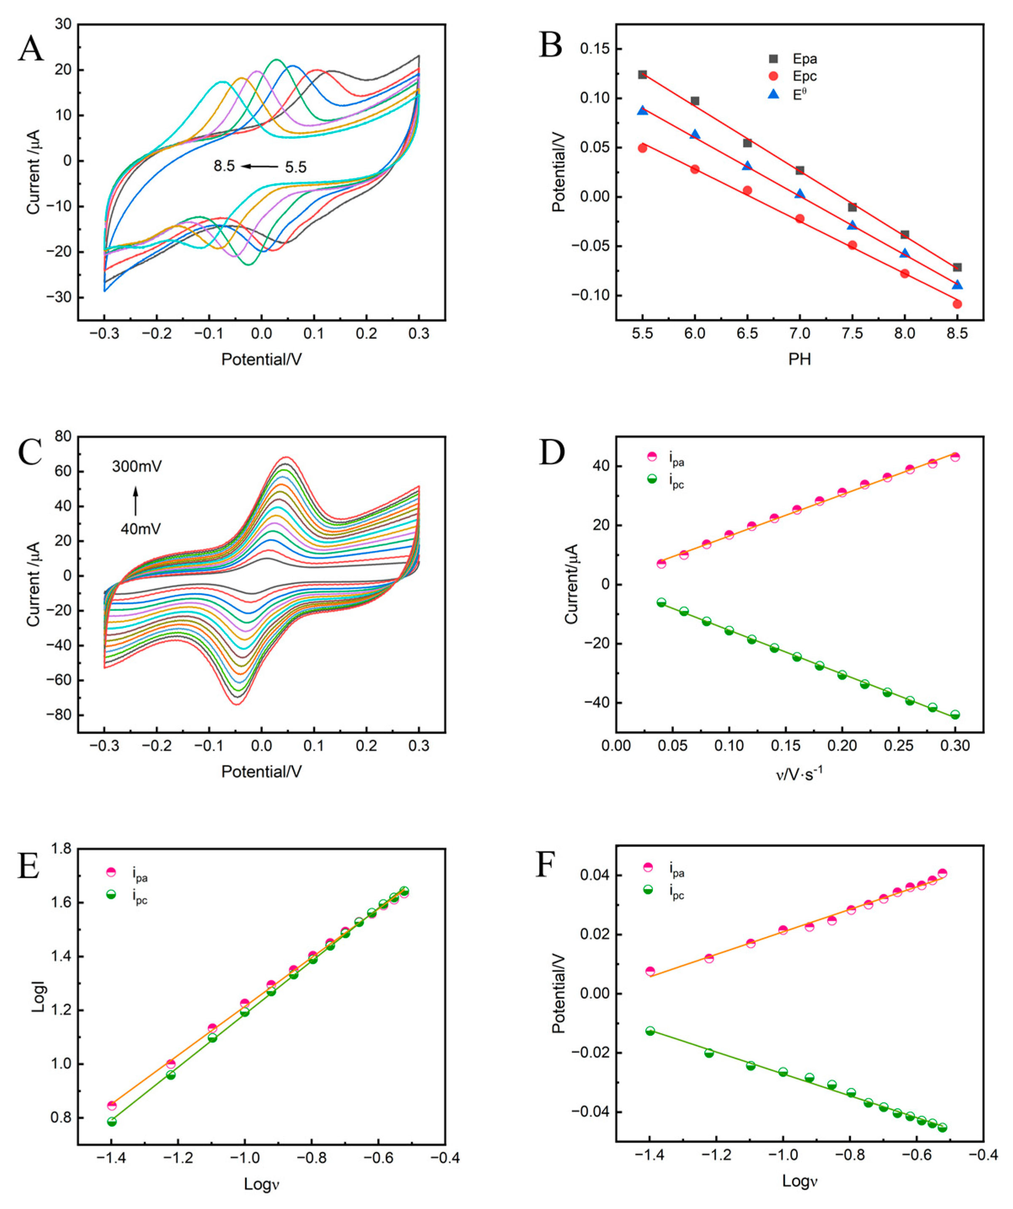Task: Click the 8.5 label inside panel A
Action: tap(224, 166)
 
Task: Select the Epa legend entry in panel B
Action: tap(804, 59)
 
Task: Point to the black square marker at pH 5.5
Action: tap(642, 74)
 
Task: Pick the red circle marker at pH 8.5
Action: tap(957, 304)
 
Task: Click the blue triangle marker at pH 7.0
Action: tap(799, 193)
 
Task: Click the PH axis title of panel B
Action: tap(799, 360)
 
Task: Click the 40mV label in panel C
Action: tap(140, 528)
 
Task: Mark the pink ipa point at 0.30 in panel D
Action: tap(955, 456)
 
